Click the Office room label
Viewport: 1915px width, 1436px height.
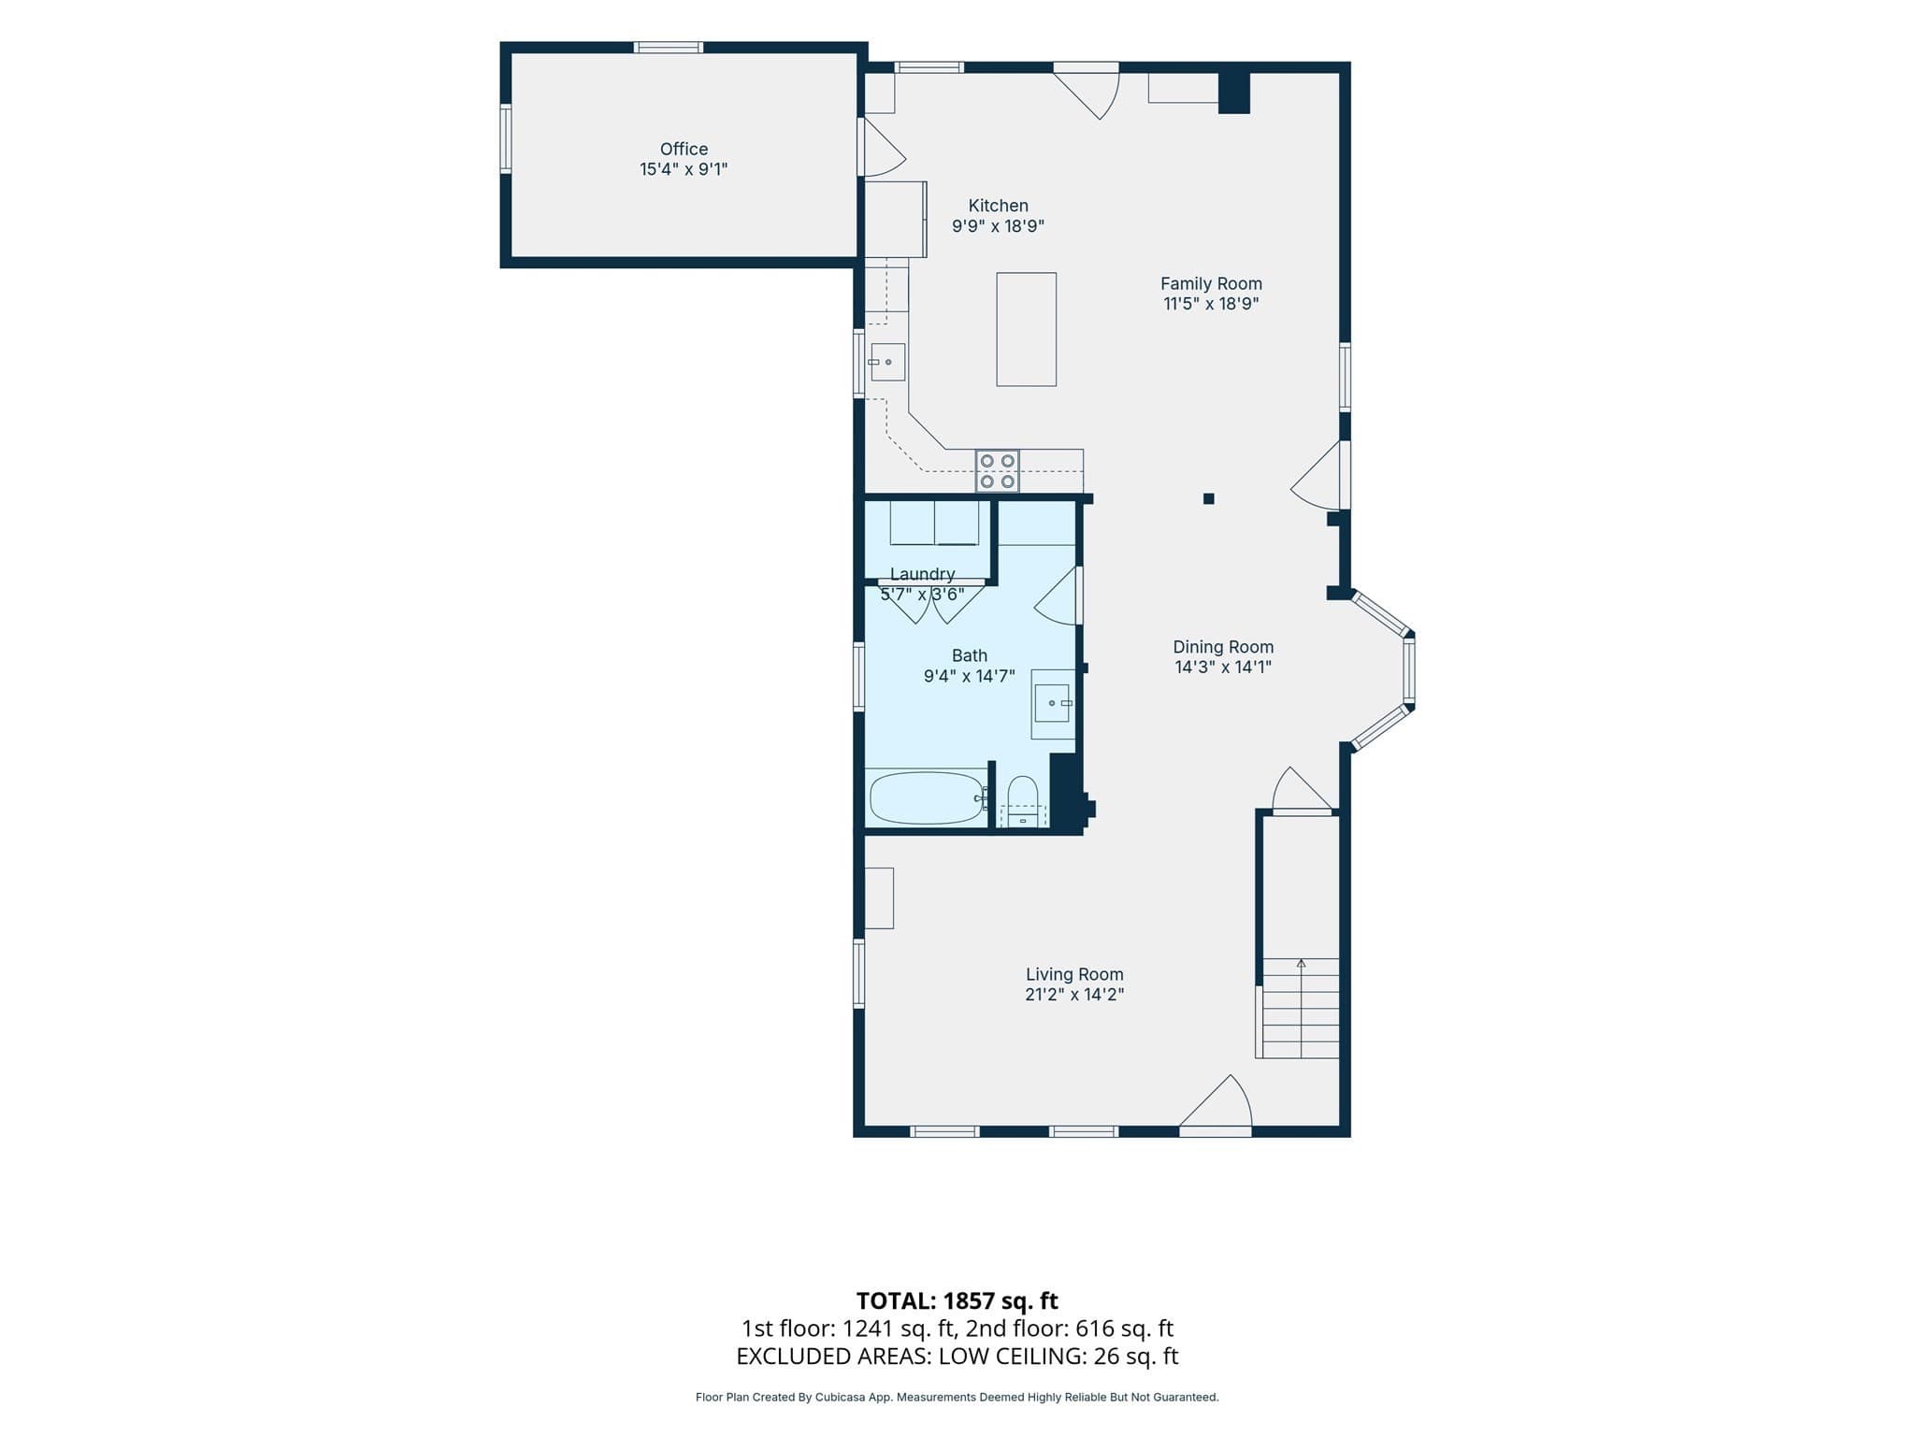point(684,149)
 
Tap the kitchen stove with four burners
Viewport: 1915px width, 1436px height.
point(997,471)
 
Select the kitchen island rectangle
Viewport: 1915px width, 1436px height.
point(1026,329)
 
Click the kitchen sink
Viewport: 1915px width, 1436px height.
point(887,362)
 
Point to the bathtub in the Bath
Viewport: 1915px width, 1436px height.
point(927,797)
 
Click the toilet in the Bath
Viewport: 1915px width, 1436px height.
point(1023,801)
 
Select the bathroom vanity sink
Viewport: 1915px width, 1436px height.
point(1053,703)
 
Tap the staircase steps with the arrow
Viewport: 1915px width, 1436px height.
point(1300,1008)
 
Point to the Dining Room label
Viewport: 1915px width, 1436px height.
point(1223,647)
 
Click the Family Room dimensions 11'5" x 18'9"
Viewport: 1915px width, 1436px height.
point(1211,304)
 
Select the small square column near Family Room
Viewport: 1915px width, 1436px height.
point(1208,499)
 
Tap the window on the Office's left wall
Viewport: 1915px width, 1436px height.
point(506,139)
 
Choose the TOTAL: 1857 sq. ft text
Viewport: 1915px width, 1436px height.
point(957,1300)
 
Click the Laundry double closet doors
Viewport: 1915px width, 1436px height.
point(931,602)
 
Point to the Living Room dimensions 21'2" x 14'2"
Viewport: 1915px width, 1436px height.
point(1074,995)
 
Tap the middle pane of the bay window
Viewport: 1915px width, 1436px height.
point(1409,670)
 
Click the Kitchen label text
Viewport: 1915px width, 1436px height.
point(998,206)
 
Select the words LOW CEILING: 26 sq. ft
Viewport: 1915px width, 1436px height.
point(1058,1357)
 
